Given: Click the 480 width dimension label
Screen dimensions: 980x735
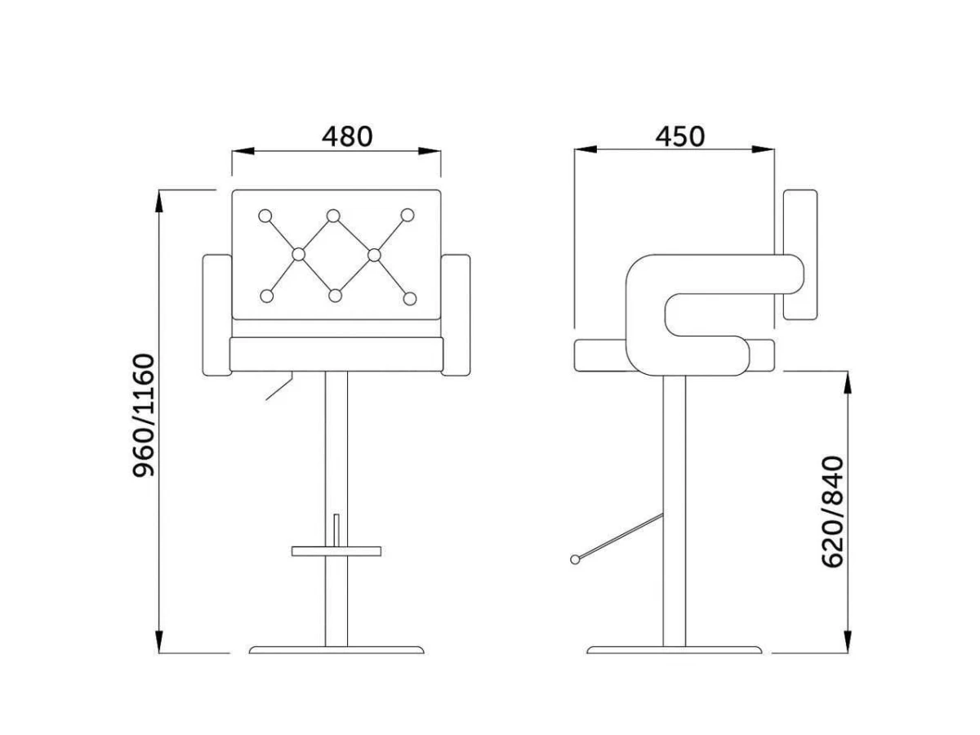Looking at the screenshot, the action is point(347,136).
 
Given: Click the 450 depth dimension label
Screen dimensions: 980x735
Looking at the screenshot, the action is point(680,136).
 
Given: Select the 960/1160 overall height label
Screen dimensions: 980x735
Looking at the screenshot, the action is point(145,415).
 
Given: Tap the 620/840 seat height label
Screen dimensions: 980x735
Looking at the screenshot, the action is point(833,511).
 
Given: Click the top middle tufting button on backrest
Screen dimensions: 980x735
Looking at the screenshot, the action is point(333,216).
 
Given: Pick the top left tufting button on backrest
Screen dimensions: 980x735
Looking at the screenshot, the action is point(265,216).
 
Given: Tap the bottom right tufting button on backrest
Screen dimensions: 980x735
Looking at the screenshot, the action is point(410,299).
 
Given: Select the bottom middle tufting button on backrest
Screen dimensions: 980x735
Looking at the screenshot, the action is point(335,296).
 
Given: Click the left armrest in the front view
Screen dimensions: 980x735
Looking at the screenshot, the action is point(217,315).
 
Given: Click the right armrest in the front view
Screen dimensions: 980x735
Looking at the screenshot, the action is point(456,315).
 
